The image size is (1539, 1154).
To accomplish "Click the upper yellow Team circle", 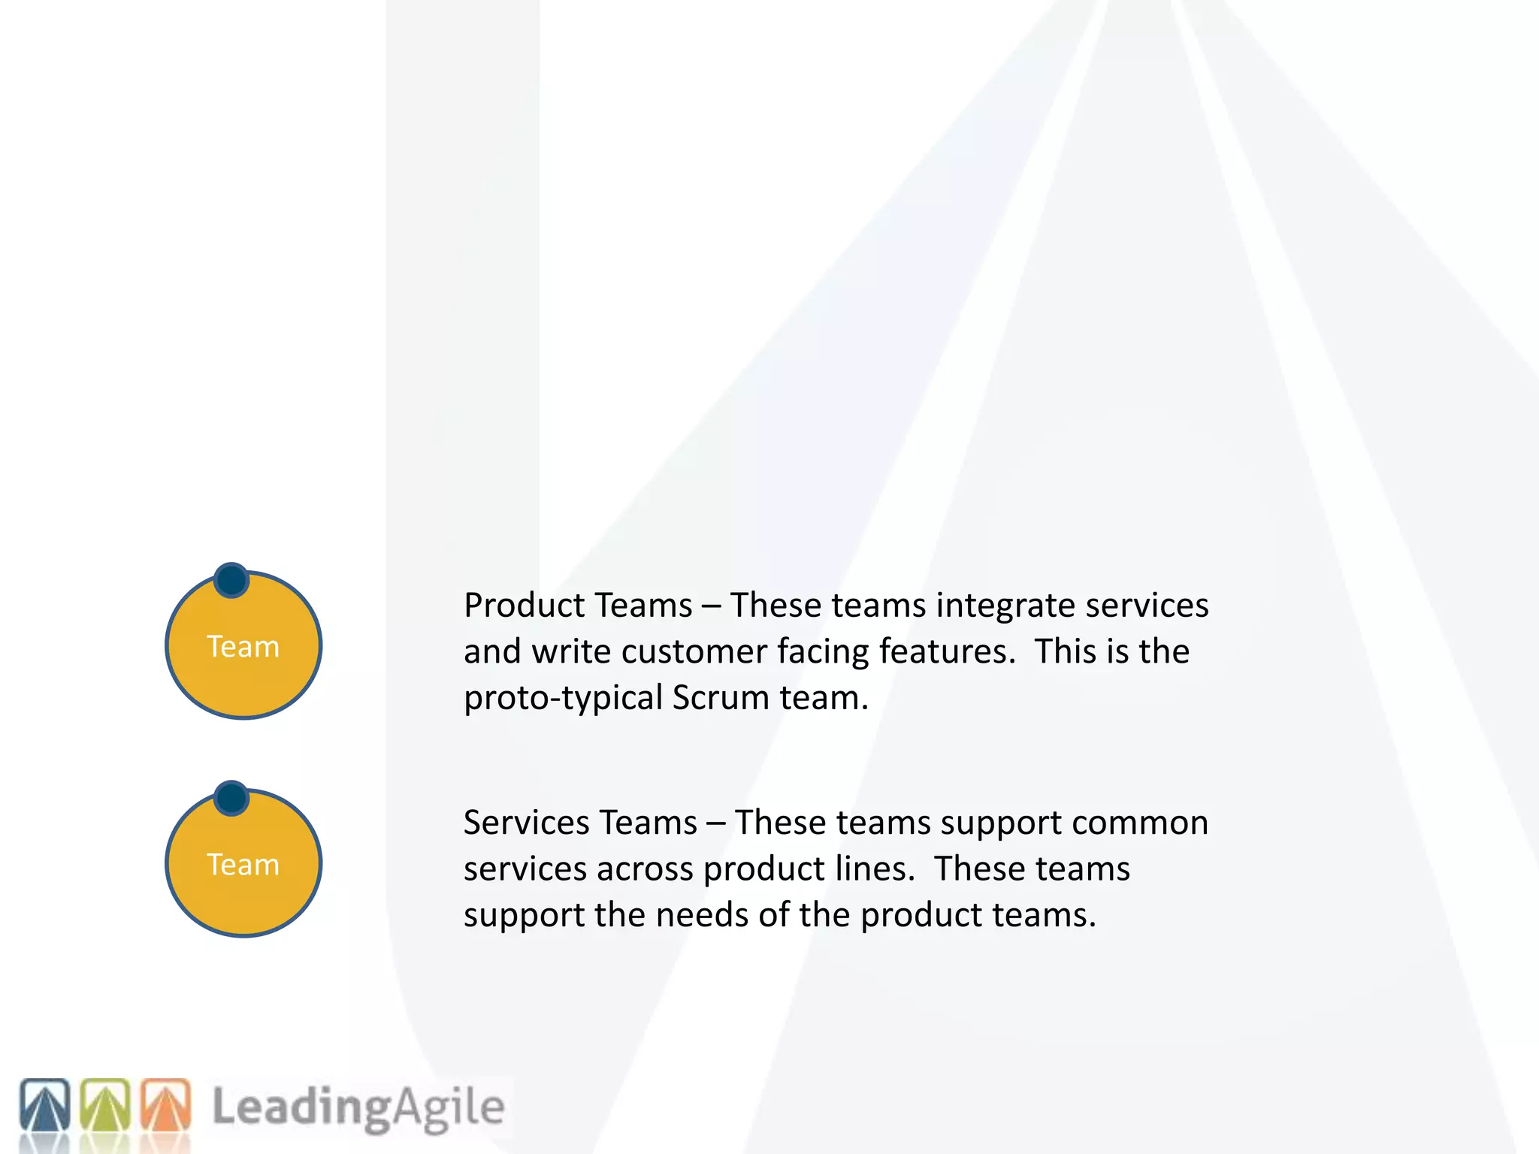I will [x=243, y=646].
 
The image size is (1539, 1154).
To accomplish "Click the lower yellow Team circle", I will [x=243, y=864].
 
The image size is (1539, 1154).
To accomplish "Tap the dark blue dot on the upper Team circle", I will [x=231, y=580].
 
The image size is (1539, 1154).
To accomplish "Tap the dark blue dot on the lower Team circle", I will [x=231, y=798].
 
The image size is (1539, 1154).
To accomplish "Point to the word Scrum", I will [x=721, y=698].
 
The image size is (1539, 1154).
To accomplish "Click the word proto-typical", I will [x=563, y=699].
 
